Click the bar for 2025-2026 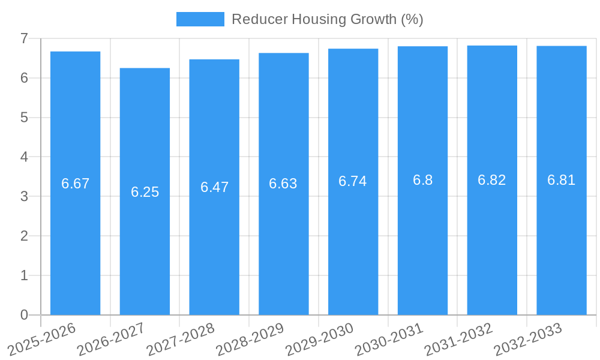(x=75, y=240)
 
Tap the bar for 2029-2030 (x=353, y=240)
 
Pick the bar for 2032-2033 (x=561, y=240)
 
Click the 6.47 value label (x=214, y=187)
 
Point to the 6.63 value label (x=283, y=184)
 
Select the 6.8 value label (x=422, y=180)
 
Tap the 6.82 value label (x=492, y=180)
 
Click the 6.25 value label (x=145, y=192)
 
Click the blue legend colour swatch (x=200, y=19)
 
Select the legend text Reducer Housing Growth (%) (x=327, y=19)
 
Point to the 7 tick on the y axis (x=24, y=38)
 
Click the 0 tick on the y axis (x=24, y=315)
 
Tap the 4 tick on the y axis (x=24, y=157)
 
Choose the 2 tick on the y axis (x=24, y=236)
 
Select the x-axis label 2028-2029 (x=250, y=339)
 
